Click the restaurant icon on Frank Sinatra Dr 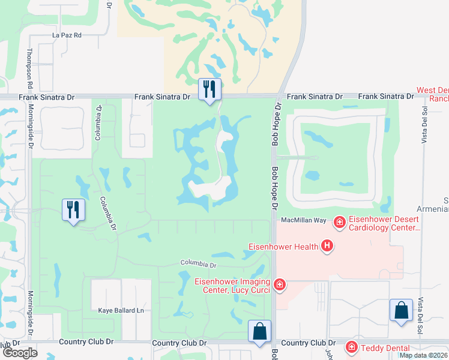209,89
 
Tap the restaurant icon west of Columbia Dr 73,210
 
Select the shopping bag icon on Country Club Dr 260,331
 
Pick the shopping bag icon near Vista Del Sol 401,311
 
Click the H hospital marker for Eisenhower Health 327,245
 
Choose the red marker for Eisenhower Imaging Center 279,284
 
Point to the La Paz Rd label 66,35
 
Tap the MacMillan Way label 304,221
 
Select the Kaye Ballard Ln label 121,311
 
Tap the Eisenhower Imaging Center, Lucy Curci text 232,286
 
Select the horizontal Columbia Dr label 198,264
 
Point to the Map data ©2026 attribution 424,355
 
